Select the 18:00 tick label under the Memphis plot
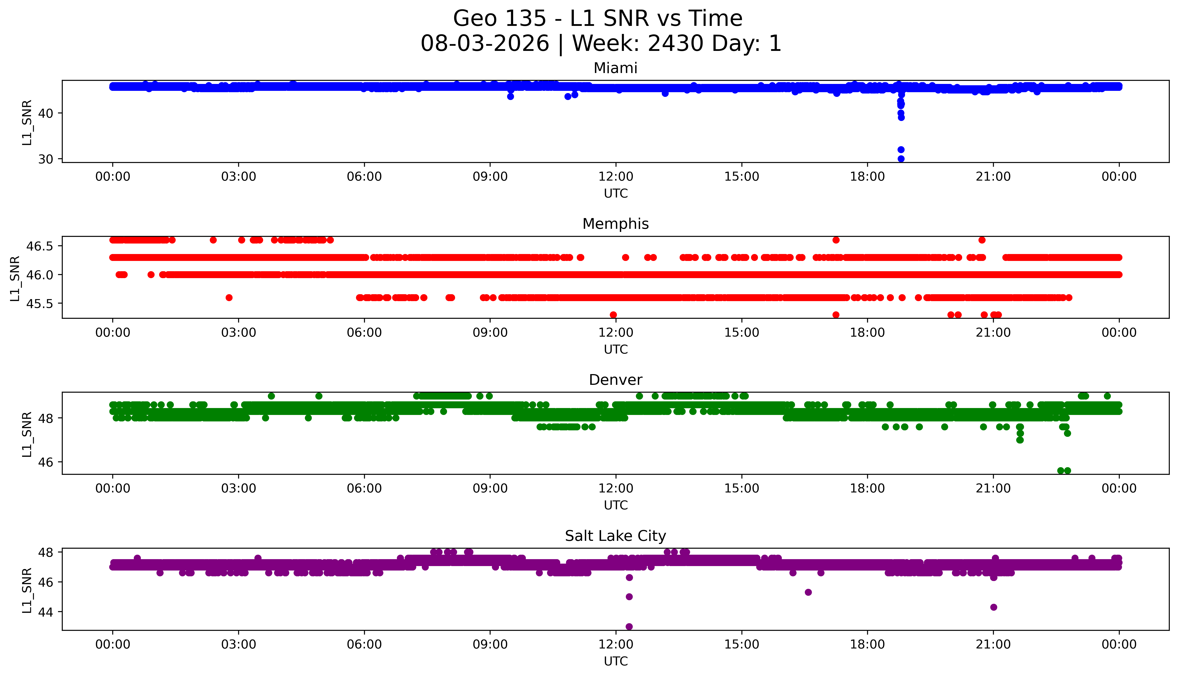pyautogui.click(x=868, y=332)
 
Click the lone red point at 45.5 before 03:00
pyautogui.click(x=229, y=298)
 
